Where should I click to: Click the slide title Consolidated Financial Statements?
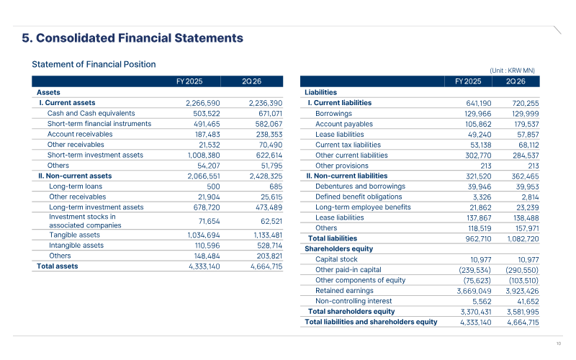pyautogui.click(x=140, y=38)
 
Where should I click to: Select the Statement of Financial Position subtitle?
pyautogui.click(x=94, y=64)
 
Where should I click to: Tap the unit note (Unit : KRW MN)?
pyautogui.click(x=512, y=71)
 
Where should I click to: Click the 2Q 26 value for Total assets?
pyautogui.click(x=266, y=266)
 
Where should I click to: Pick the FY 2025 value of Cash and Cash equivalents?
pyautogui.click(x=207, y=114)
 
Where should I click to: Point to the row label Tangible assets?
pyautogui.click(x=75, y=235)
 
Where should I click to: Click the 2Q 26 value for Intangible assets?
pyautogui.click(x=269, y=246)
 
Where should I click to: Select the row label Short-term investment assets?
pyautogui.click(x=95, y=155)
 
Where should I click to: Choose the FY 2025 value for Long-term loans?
pyautogui.click(x=213, y=186)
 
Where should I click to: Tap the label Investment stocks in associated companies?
pyautogui.click(x=85, y=221)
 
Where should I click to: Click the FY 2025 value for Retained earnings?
pyautogui.click(x=474, y=292)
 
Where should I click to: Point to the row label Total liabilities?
pyautogui.click(x=333, y=238)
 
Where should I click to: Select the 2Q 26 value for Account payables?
pyautogui.click(x=526, y=124)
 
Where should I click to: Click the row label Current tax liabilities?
pyautogui.click(x=348, y=145)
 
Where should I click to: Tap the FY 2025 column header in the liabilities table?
pyautogui.click(x=468, y=81)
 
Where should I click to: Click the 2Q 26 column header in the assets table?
pyautogui.click(x=251, y=81)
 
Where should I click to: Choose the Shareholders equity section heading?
pyautogui.click(x=338, y=248)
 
